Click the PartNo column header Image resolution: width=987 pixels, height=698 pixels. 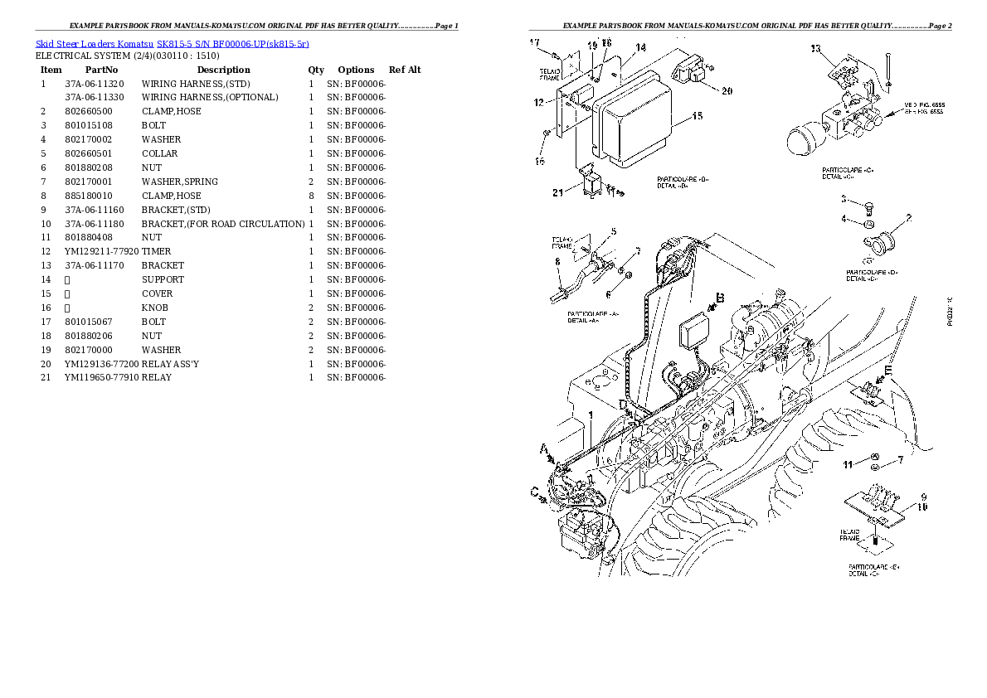(101, 70)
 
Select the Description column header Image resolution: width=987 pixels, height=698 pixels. (223, 70)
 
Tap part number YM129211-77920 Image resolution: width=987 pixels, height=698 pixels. (102, 251)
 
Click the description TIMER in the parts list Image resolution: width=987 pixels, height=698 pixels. (157, 251)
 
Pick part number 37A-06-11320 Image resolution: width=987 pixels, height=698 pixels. (95, 84)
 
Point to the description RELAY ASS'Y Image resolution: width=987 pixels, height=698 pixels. (170, 364)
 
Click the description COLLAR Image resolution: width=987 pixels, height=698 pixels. (159, 153)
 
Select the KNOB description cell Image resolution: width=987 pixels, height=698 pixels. (155, 308)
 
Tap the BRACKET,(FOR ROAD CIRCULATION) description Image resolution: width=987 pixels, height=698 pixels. (223, 224)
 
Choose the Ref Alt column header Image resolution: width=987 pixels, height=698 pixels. (405, 70)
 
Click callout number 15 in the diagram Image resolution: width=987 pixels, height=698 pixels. (696, 116)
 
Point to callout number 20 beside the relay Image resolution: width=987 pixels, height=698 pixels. (727, 91)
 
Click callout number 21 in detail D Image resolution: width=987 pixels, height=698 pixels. (557, 193)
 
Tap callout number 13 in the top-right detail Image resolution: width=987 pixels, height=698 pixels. (814, 49)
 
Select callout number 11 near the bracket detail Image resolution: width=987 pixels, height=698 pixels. (848, 465)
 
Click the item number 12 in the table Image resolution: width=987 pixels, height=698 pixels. (46, 251)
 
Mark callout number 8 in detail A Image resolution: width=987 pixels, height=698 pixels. (558, 261)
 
